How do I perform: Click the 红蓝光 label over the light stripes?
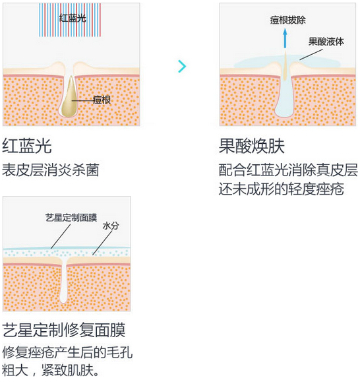[x=73, y=18]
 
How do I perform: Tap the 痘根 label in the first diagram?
[x=102, y=100]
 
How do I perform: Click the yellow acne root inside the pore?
[x=69, y=97]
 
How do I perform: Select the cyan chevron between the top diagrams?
[x=182, y=66]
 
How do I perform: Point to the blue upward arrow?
[x=285, y=38]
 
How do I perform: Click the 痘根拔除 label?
[x=287, y=20]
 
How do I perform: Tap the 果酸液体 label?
[x=326, y=42]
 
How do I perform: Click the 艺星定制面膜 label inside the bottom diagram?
[x=71, y=218]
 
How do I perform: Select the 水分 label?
[x=111, y=226]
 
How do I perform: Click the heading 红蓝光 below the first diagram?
[x=27, y=146]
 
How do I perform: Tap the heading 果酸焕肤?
[x=252, y=146]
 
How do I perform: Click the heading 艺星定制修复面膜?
[x=64, y=330]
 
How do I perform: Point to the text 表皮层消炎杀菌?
[x=51, y=170]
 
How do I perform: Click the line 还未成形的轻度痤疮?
[x=281, y=189]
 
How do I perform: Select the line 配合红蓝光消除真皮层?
[x=288, y=170]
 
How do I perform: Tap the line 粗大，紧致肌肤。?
[x=51, y=370]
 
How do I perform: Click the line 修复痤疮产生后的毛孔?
[x=67, y=352]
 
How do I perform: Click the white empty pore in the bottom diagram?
[x=63, y=280]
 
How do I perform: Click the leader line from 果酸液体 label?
[x=311, y=55]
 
